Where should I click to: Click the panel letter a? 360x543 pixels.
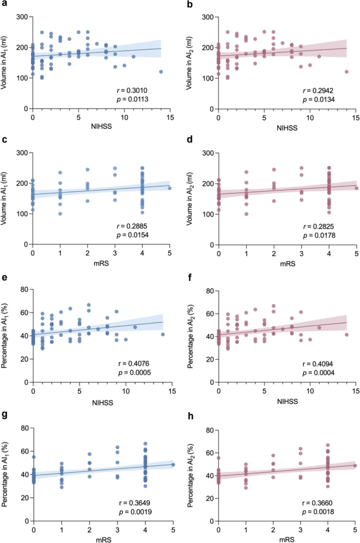coord(3,5)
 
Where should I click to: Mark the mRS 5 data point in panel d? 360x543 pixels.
coord(356,188)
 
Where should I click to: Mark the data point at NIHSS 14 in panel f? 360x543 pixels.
coord(347,335)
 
